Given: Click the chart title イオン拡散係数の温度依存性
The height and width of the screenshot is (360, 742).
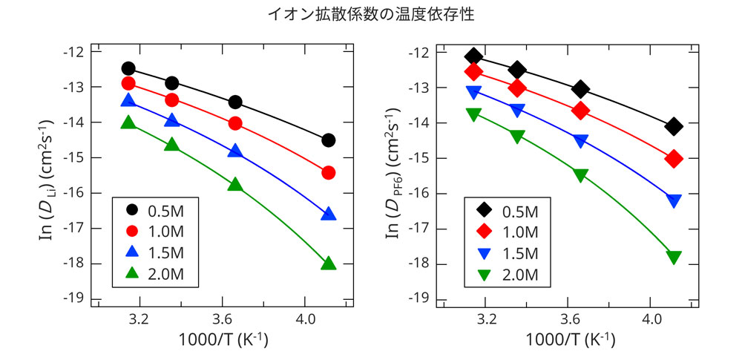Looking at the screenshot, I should click(x=370, y=14).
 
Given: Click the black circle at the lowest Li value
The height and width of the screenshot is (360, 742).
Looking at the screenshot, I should click(x=329, y=140).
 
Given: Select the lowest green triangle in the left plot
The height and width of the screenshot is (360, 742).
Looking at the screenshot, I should click(x=329, y=264).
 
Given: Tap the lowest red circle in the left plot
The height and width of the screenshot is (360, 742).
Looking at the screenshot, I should click(x=329, y=173).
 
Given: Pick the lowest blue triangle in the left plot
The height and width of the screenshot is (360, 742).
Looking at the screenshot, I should click(x=329, y=215).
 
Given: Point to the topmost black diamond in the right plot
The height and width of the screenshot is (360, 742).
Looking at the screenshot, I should click(x=474, y=57).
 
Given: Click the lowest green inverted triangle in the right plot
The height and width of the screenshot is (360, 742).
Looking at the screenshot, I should click(x=674, y=258).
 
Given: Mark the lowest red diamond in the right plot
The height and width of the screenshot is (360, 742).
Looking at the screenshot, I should click(x=674, y=159).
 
